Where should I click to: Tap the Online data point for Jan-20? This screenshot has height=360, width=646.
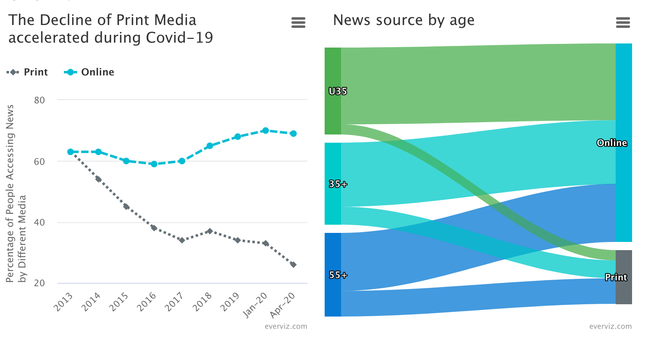point(265,130)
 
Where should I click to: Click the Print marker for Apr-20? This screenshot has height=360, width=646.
point(293,264)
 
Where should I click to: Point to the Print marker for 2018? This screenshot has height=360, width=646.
point(209,231)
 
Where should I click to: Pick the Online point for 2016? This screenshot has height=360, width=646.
point(154,164)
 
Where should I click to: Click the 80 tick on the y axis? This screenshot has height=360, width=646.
point(39,100)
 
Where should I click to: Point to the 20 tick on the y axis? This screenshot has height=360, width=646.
point(39,283)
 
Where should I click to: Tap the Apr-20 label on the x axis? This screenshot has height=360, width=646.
point(283,305)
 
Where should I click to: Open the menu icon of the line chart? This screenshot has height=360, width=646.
point(298,23)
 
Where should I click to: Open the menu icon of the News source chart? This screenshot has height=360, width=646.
point(623,23)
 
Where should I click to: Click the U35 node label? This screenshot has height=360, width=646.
point(338,91)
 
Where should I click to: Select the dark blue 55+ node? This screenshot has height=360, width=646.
point(332,295)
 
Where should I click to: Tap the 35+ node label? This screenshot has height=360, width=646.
point(338,184)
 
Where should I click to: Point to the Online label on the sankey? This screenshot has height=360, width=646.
point(612,143)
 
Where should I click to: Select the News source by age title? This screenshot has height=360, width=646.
point(403,20)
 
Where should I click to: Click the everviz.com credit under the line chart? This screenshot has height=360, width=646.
point(286,326)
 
